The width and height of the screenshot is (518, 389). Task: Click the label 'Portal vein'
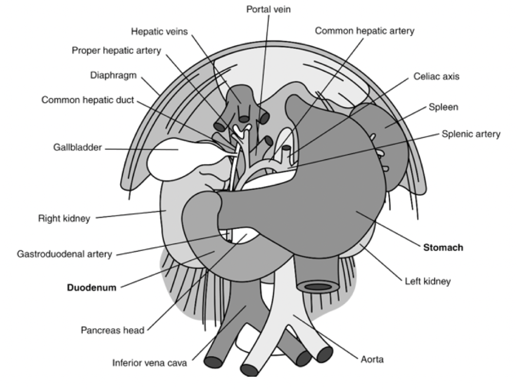pyautogui.click(x=268, y=10)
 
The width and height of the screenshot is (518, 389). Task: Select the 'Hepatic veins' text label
pyautogui.click(x=160, y=31)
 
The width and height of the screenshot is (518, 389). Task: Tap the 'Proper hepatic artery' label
pyautogui.click(x=116, y=50)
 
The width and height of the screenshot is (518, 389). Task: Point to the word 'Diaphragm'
pyautogui.click(x=114, y=75)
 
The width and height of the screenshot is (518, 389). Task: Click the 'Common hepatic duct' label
pyautogui.click(x=87, y=100)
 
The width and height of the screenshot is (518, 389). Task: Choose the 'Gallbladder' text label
pyautogui.click(x=77, y=148)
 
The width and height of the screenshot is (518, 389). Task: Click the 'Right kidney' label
pyautogui.click(x=64, y=219)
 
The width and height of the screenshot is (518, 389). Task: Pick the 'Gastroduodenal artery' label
pyautogui.click(x=64, y=254)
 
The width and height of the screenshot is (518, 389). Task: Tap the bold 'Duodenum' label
pyautogui.click(x=91, y=287)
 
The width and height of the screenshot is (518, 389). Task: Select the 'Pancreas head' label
pyautogui.click(x=112, y=330)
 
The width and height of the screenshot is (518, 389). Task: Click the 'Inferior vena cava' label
pyautogui.click(x=150, y=363)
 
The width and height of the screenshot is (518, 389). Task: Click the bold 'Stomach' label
pyautogui.click(x=443, y=248)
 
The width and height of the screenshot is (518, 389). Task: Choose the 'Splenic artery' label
pyautogui.click(x=471, y=134)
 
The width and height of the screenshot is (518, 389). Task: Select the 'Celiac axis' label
pyautogui.click(x=436, y=76)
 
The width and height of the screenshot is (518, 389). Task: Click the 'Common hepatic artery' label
pyautogui.click(x=364, y=31)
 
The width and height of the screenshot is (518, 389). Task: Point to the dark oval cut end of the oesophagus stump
pyautogui.click(x=318, y=287)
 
